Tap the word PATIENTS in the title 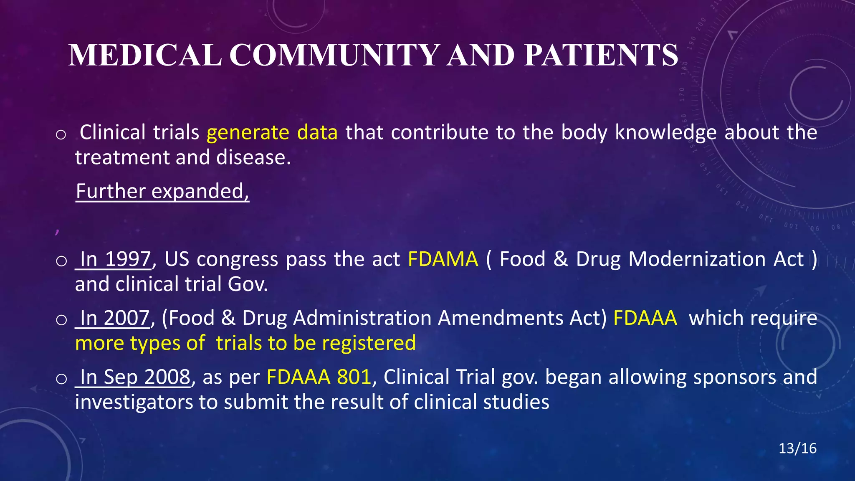point(601,56)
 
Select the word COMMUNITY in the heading point(334,56)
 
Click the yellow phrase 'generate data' point(272,133)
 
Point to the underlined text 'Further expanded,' point(162,192)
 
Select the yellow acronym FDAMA point(443,259)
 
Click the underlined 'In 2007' point(114,318)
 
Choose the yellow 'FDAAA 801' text point(319,377)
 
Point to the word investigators point(134,403)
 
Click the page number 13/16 point(797,448)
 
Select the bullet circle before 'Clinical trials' point(61,134)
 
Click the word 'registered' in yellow point(369,343)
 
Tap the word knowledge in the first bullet point(666,133)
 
